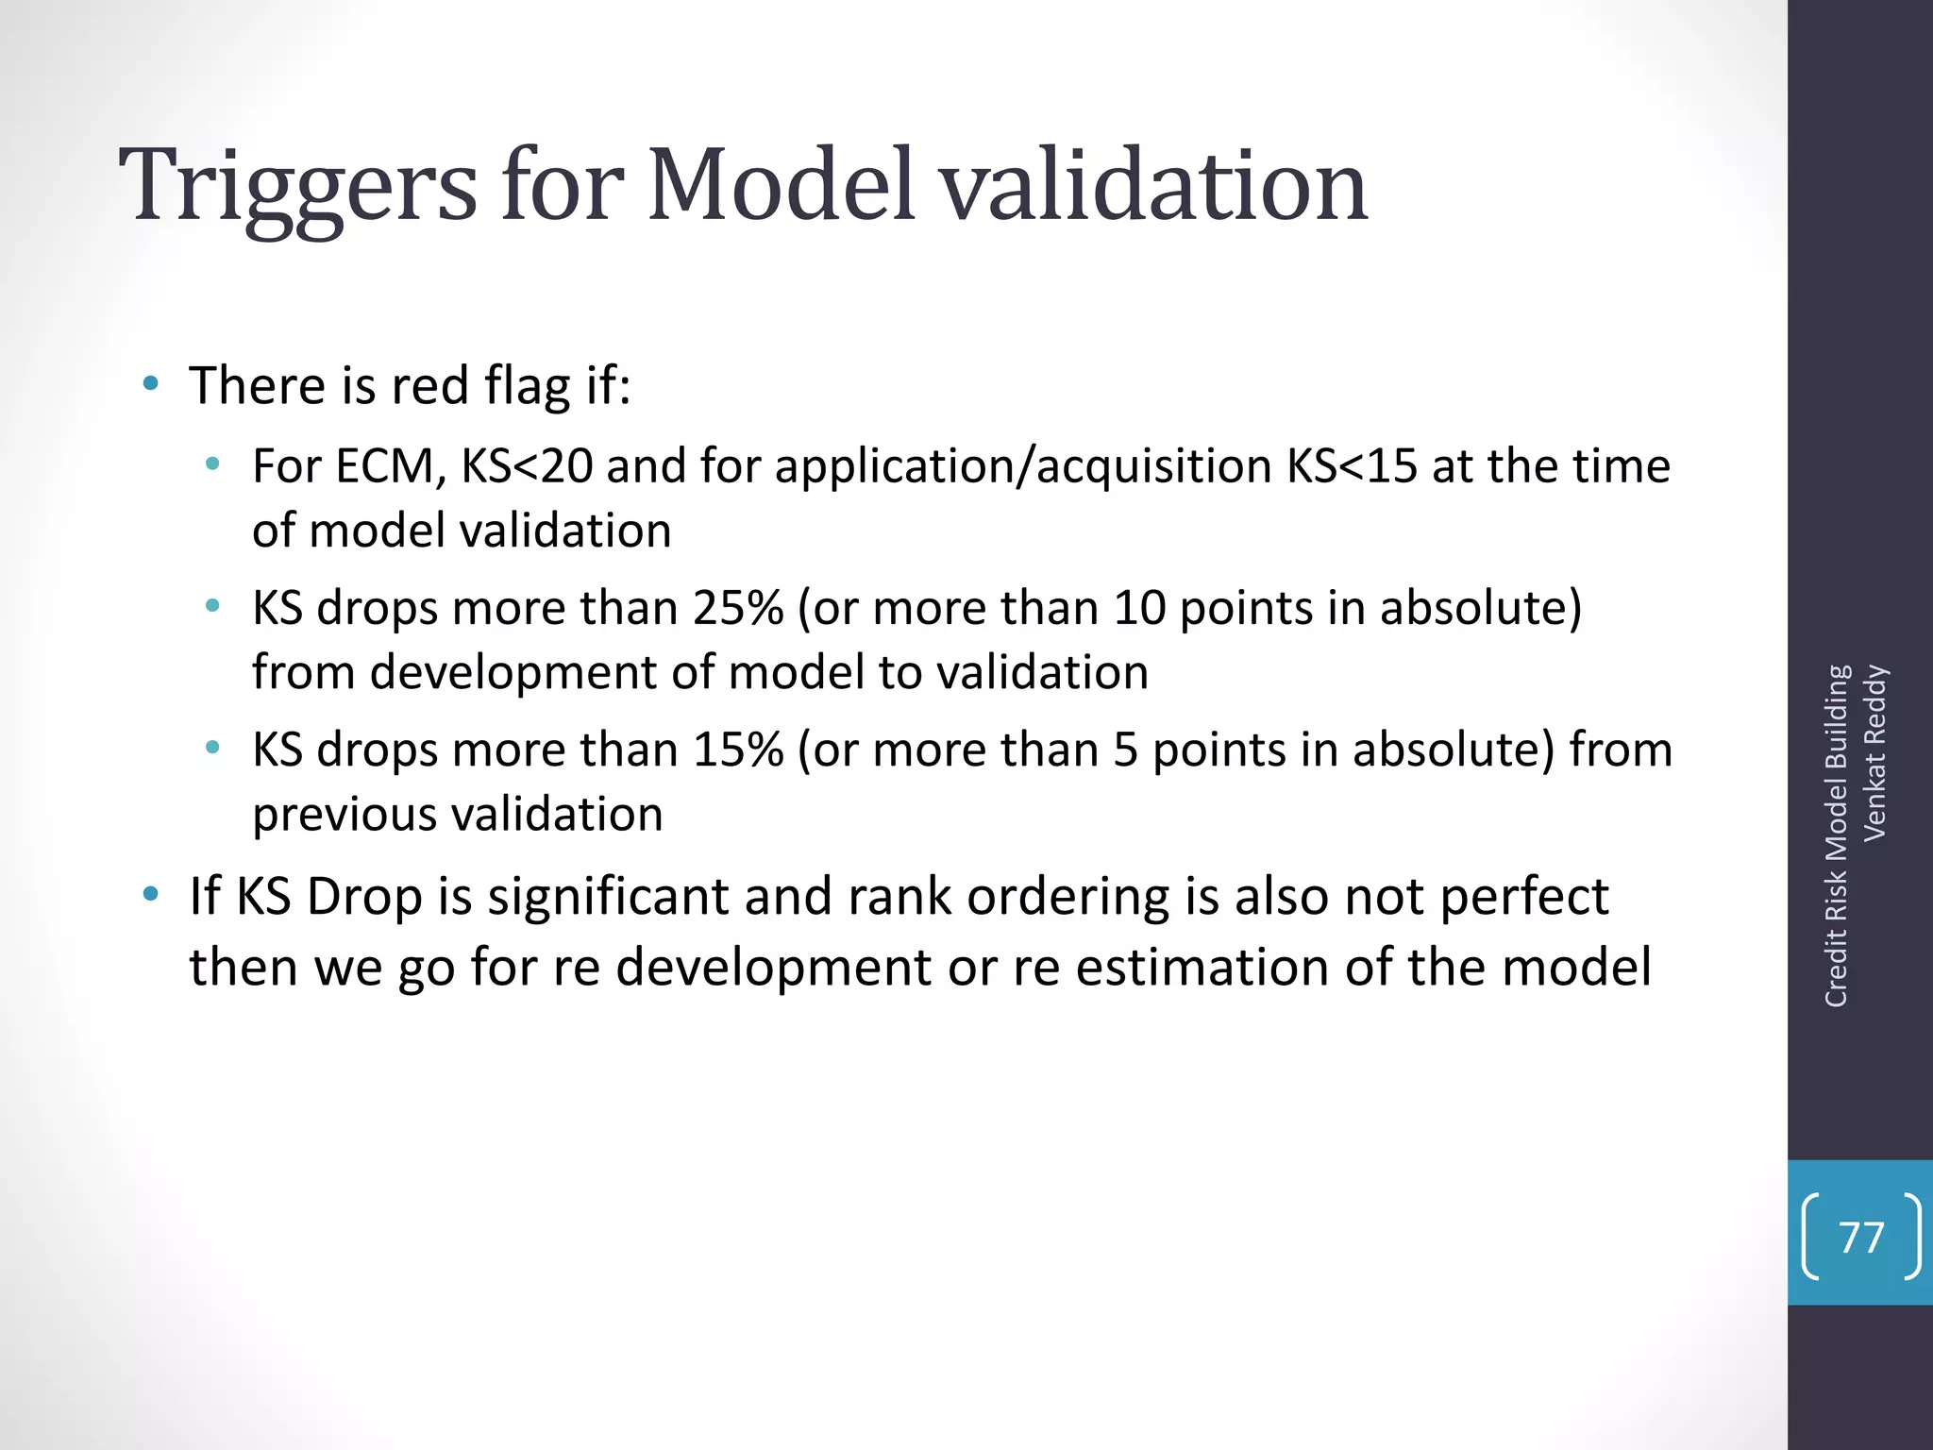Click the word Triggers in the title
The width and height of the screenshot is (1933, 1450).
click(298, 187)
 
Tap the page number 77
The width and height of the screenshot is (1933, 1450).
click(1861, 1238)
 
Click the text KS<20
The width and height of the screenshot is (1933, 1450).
click(527, 466)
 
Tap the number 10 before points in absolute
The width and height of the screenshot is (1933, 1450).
click(1140, 608)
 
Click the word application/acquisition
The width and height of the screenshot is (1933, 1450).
click(1024, 466)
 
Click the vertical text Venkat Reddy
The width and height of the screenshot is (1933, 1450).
click(1874, 753)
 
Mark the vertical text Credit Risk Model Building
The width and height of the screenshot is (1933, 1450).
click(1836, 836)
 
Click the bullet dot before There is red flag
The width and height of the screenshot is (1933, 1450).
click(150, 383)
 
